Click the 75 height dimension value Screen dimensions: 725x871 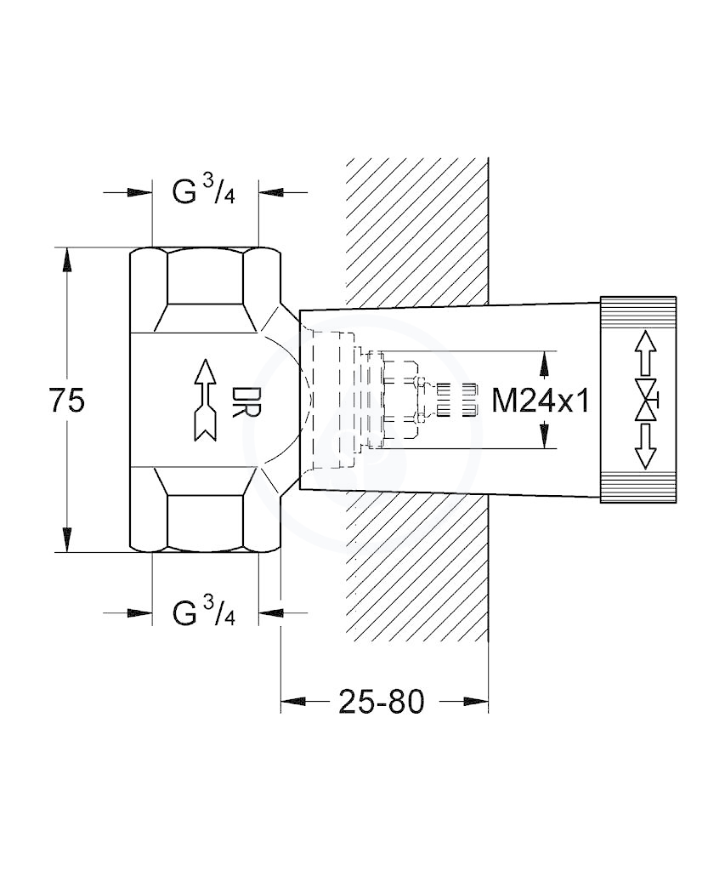(67, 401)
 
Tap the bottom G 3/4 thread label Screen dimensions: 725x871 (203, 612)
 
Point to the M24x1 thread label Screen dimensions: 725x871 (540, 400)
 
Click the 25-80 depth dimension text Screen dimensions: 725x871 (382, 702)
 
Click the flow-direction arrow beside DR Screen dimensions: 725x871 (206, 401)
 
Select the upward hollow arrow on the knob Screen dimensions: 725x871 (645, 352)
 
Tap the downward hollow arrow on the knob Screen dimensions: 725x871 (645, 446)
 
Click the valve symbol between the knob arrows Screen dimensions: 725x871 (646, 400)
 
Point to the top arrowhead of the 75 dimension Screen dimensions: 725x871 (66, 259)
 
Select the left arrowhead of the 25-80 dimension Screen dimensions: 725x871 (292, 702)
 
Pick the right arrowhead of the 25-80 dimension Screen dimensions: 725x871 (477, 702)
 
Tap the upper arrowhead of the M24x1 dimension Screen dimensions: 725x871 (545, 363)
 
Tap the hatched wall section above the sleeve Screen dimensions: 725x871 (417, 231)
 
